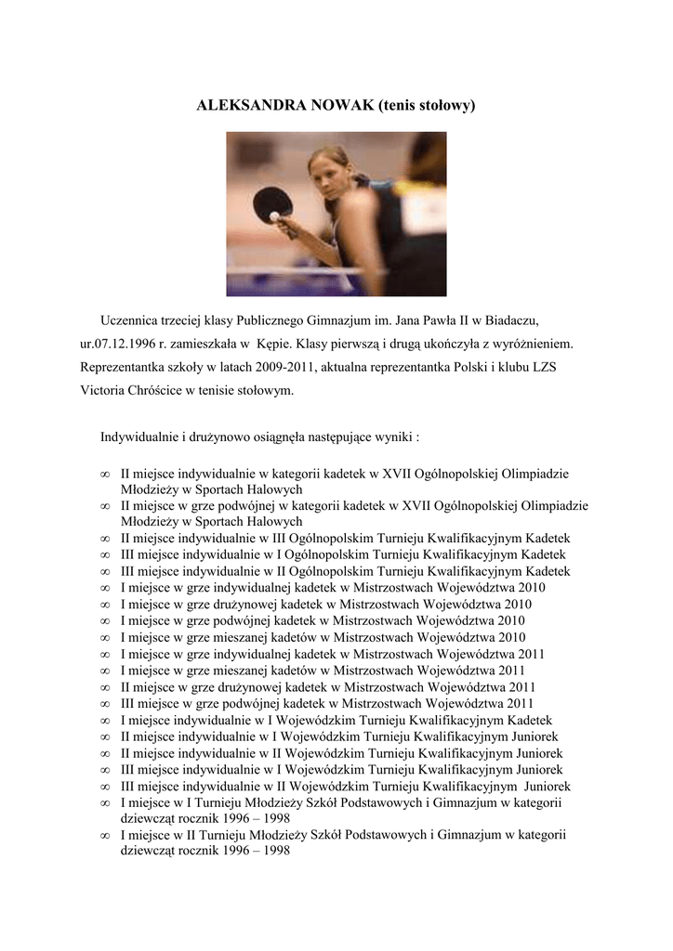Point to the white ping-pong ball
tap(274, 216)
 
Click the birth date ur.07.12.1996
tap(122, 345)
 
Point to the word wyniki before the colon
tap(392, 436)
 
